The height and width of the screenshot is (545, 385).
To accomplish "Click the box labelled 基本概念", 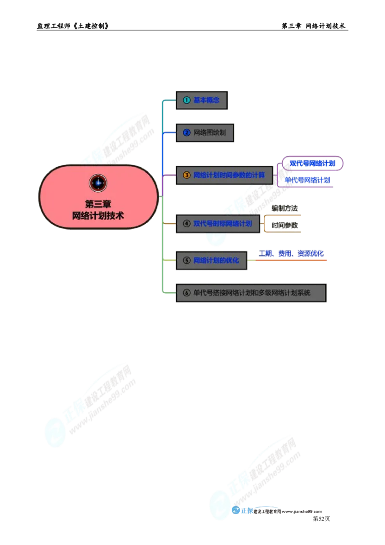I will [202, 100].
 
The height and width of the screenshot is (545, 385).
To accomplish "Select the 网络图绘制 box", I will [204, 132].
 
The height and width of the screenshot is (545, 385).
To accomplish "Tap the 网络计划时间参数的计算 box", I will [224, 175].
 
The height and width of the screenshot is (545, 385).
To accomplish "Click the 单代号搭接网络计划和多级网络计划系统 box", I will [250, 292].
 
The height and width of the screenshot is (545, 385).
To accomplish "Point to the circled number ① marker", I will [187, 100].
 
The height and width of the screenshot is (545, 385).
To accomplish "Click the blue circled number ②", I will [187, 132].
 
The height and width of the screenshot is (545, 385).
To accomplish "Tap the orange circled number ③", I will [187, 175].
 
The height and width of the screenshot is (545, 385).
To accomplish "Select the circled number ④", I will [187, 223].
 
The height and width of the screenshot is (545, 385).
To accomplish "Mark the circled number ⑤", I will [187, 260].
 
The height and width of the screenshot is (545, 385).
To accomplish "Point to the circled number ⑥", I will [187, 292].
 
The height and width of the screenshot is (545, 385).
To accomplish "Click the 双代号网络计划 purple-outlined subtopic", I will [312, 163].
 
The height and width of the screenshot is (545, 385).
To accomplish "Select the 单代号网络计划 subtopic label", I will [307, 181].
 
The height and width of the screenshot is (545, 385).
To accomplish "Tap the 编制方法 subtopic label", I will [284, 208].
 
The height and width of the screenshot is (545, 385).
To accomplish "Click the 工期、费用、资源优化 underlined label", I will [292, 254].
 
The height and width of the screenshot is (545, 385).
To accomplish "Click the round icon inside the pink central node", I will [98, 183].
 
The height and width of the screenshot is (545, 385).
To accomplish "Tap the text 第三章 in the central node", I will [98, 204].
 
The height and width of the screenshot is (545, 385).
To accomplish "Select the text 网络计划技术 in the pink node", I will [98, 216].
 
